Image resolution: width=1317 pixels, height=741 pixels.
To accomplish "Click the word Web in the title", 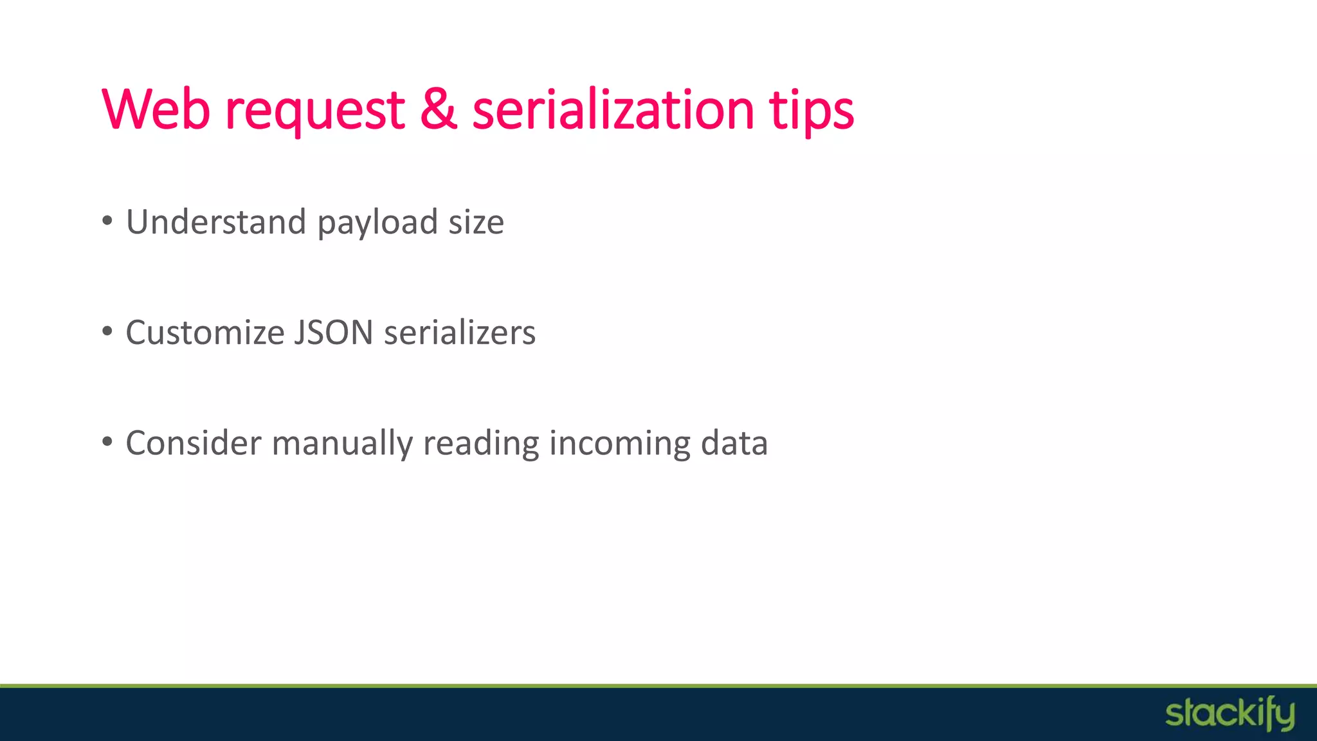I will point(156,109).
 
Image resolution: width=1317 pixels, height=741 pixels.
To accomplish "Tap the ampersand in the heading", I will point(439,109).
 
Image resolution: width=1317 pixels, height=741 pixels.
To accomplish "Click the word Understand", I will point(216,222).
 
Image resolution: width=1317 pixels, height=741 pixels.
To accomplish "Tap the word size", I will point(476,222).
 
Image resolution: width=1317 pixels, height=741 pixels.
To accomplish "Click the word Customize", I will point(205,333).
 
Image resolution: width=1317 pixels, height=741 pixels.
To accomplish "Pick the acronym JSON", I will point(334,333).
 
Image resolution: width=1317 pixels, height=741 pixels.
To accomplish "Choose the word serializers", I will point(460,333).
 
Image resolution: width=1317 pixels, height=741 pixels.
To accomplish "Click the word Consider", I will point(194,443).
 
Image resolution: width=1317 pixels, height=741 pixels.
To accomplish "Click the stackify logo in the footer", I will point(1230,714).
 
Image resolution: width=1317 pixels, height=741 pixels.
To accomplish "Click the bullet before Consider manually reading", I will point(107,443).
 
